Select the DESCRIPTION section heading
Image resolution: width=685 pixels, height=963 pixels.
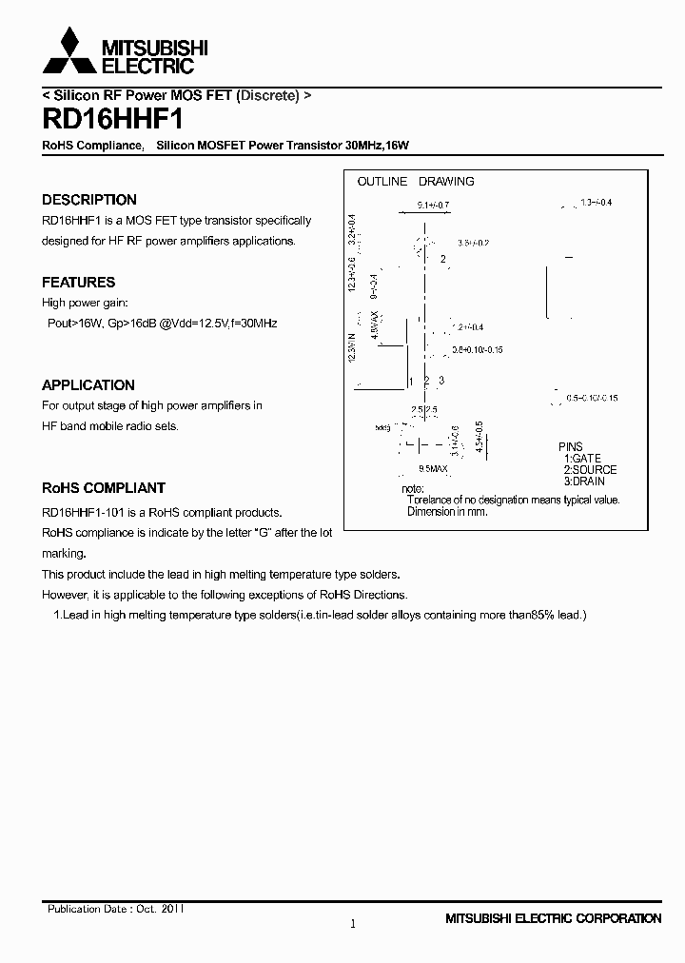[89, 200]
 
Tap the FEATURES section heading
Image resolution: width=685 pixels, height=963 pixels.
[78, 283]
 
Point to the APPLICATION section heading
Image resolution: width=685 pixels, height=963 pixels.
[88, 385]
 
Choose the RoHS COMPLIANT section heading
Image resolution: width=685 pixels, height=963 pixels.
[104, 488]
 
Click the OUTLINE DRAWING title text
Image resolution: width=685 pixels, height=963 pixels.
[415, 181]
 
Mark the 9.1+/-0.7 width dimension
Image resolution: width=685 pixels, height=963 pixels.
[433, 205]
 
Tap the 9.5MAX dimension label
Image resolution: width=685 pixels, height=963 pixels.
[433, 469]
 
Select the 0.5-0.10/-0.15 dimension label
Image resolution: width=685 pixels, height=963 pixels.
[592, 398]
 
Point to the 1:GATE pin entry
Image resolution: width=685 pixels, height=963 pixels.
[582, 459]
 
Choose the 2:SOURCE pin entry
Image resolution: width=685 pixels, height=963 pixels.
[590, 470]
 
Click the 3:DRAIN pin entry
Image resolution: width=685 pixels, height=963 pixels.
[584, 481]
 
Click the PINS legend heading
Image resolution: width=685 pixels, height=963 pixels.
[571, 447]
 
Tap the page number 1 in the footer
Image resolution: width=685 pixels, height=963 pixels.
[352, 924]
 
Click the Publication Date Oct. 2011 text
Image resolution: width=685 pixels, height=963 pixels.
[115, 910]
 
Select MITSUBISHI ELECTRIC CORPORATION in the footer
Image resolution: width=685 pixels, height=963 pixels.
[553, 918]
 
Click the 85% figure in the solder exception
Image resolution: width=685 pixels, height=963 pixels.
[544, 615]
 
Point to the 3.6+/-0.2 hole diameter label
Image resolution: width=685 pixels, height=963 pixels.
[473, 244]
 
